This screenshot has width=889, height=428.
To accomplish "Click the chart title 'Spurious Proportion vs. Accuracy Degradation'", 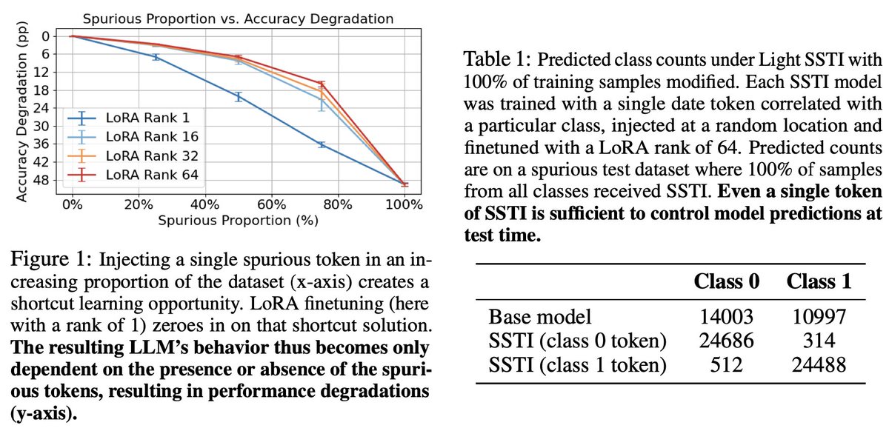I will click(x=237, y=17).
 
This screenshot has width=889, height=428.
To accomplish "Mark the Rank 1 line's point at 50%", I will click(x=238, y=96).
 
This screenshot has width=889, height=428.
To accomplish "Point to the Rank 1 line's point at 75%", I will click(x=322, y=144).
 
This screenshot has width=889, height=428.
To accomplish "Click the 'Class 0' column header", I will click(x=727, y=281).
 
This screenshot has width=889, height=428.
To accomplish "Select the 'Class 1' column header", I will click(x=819, y=281).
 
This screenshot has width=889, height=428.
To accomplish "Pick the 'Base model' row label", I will click(x=540, y=318).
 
